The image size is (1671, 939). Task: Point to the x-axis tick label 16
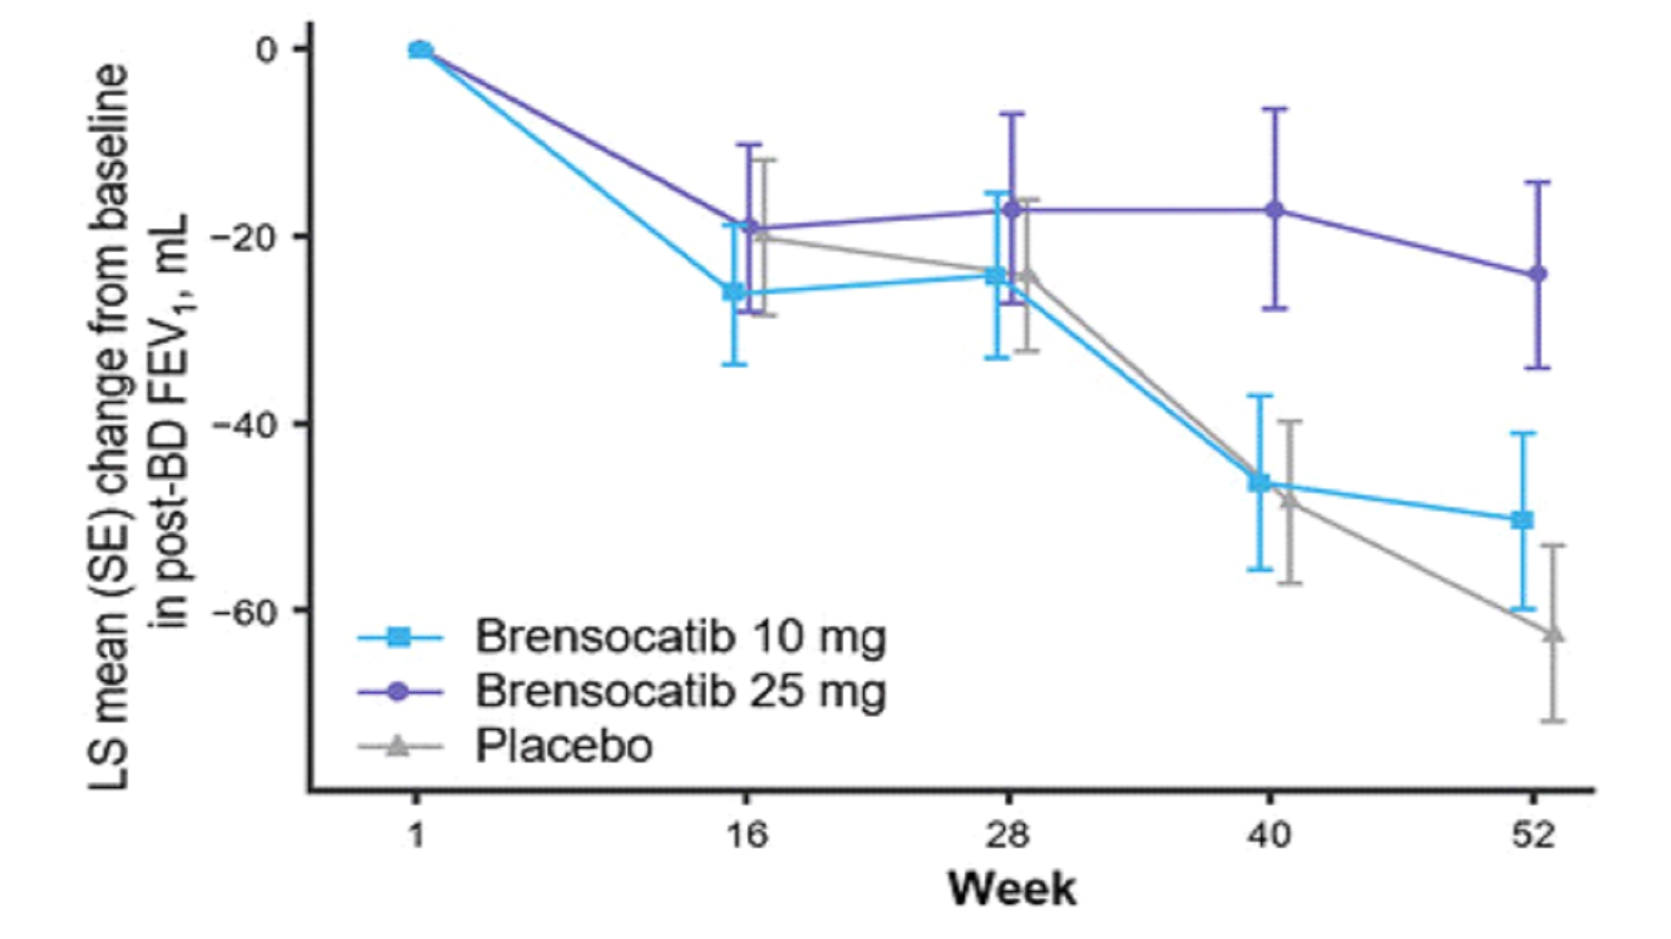(x=747, y=835)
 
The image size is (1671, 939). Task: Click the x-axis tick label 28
(x=1008, y=835)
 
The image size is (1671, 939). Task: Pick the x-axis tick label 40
(x=1270, y=835)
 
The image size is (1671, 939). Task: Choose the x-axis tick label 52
(x=1532, y=835)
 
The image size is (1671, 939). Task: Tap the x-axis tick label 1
(x=417, y=835)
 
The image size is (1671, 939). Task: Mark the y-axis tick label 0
(x=266, y=50)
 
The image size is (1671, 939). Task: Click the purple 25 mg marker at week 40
(x=1275, y=210)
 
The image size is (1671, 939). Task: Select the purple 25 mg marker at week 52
(x=1538, y=274)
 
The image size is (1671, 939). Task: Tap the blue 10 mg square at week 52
(x=1522, y=521)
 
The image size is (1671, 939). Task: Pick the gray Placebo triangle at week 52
(x=1553, y=634)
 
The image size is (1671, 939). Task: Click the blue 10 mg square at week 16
(x=735, y=292)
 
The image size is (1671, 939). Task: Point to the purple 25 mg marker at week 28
(x=1012, y=210)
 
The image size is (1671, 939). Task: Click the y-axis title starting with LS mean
(x=140, y=427)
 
